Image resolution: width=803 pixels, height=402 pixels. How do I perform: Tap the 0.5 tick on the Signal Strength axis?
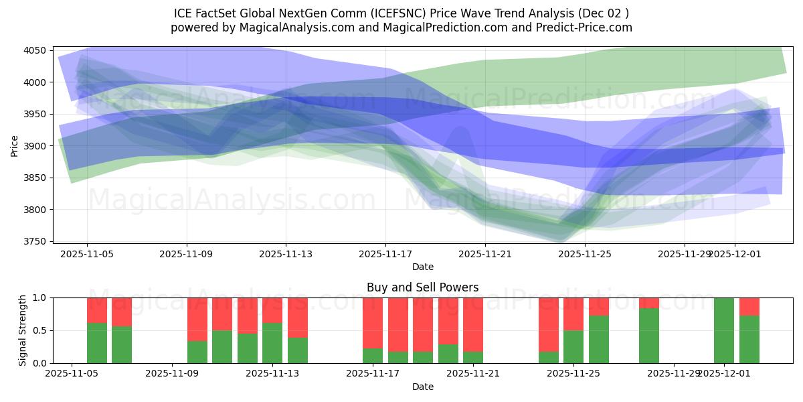(40, 330)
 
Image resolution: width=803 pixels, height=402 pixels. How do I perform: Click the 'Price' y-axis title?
(15, 146)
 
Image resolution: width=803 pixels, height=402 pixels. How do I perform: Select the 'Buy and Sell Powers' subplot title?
(422, 287)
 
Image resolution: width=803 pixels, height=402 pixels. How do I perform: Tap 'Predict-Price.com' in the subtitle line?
(586, 27)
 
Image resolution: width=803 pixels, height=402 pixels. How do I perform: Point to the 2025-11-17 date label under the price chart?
(385, 255)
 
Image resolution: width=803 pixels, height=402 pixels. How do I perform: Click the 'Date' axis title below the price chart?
(422, 267)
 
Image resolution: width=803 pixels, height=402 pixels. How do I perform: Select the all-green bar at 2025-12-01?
(724, 330)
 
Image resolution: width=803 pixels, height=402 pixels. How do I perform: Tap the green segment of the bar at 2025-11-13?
(272, 343)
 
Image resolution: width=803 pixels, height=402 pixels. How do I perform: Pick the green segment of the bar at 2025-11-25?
(573, 346)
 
